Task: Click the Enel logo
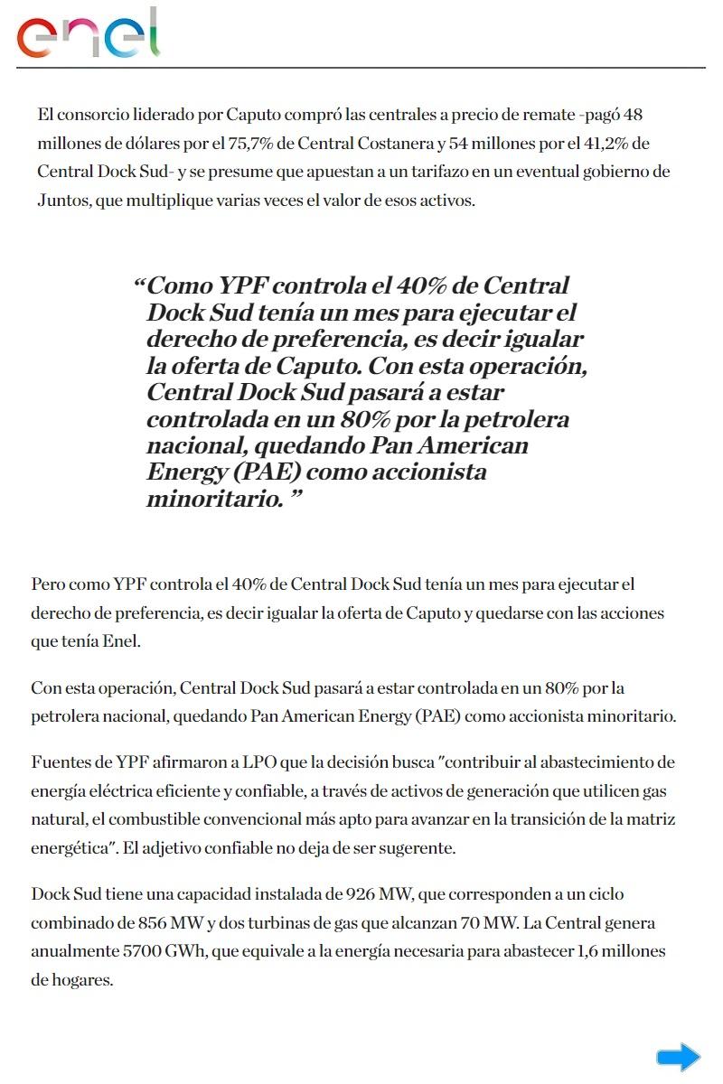point(89,34)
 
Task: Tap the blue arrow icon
point(678,1056)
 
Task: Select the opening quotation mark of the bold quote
point(139,286)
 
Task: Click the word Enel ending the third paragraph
point(124,641)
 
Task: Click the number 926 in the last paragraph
point(361,894)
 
